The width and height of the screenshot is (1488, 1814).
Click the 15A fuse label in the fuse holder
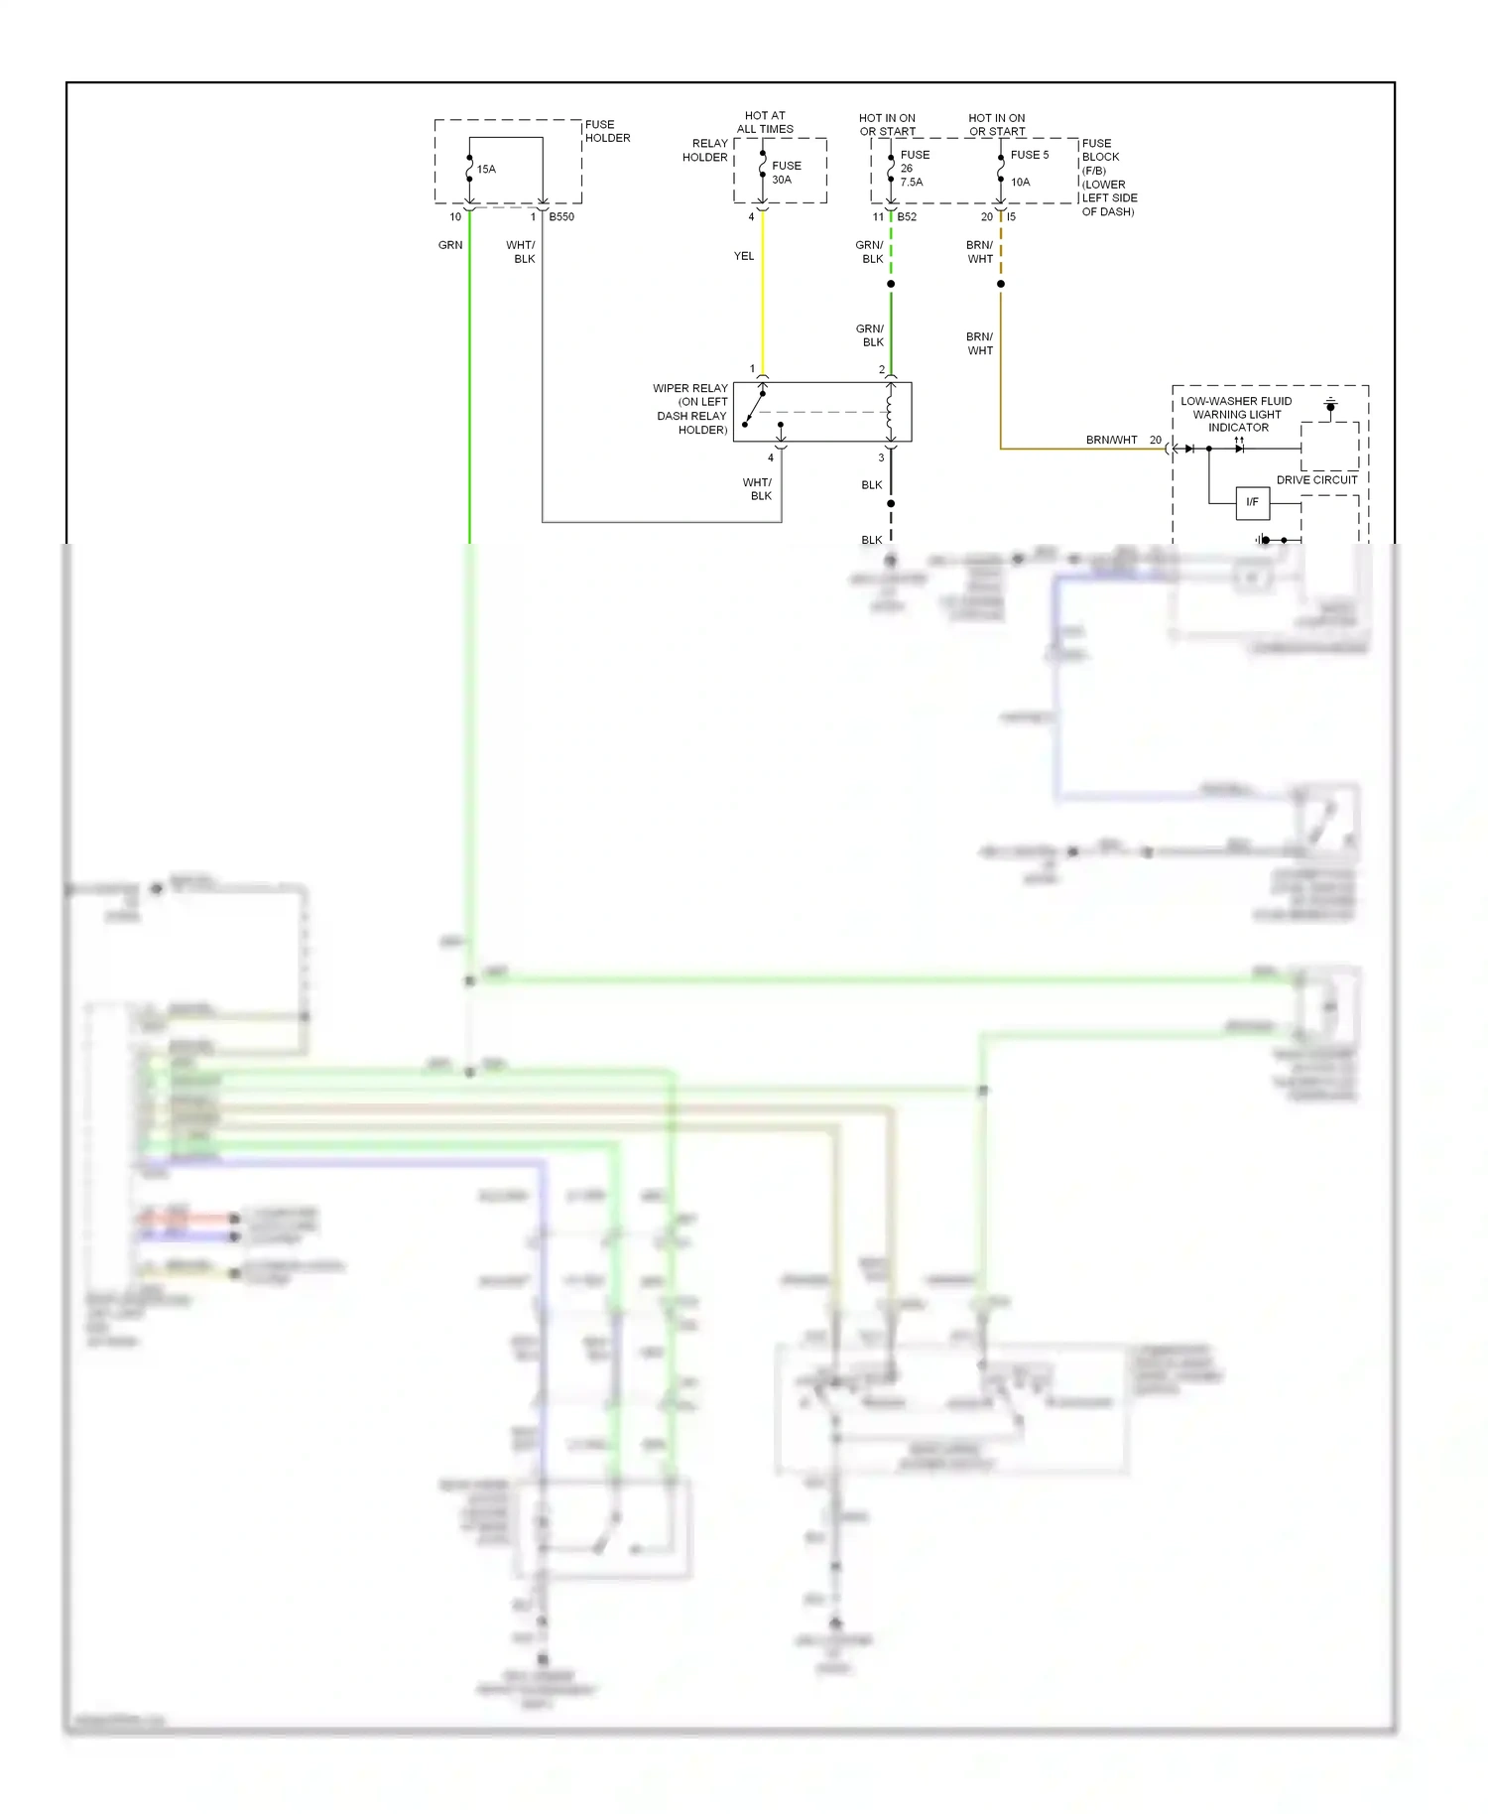pos(486,170)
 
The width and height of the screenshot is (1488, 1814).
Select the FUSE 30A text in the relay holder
pos(786,173)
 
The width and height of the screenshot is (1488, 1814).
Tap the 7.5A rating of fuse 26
pos(912,183)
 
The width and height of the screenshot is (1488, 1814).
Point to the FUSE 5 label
pos(1029,155)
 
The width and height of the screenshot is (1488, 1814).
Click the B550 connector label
pos(561,217)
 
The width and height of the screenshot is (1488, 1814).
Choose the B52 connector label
pos(907,217)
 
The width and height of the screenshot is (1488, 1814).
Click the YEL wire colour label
pos(744,256)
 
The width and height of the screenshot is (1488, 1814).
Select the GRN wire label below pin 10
pos(450,245)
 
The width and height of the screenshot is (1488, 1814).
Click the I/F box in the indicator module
pos(1252,502)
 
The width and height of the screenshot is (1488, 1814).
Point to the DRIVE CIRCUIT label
pos(1316,480)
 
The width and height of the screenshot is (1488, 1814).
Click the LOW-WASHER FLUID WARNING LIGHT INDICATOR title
pos(1237,415)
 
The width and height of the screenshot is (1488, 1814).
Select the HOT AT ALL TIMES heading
pos(765,122)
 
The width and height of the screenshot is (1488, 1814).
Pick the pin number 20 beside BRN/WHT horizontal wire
pos(1156,440)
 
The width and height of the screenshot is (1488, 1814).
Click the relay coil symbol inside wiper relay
pos(890,412)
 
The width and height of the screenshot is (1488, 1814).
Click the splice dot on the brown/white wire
pos(1001,285)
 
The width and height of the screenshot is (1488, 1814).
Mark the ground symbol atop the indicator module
pos(1330,405)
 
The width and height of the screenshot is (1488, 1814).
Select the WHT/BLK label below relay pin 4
pos(758,489)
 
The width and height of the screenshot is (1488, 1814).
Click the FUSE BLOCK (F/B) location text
pos(1108,178)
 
